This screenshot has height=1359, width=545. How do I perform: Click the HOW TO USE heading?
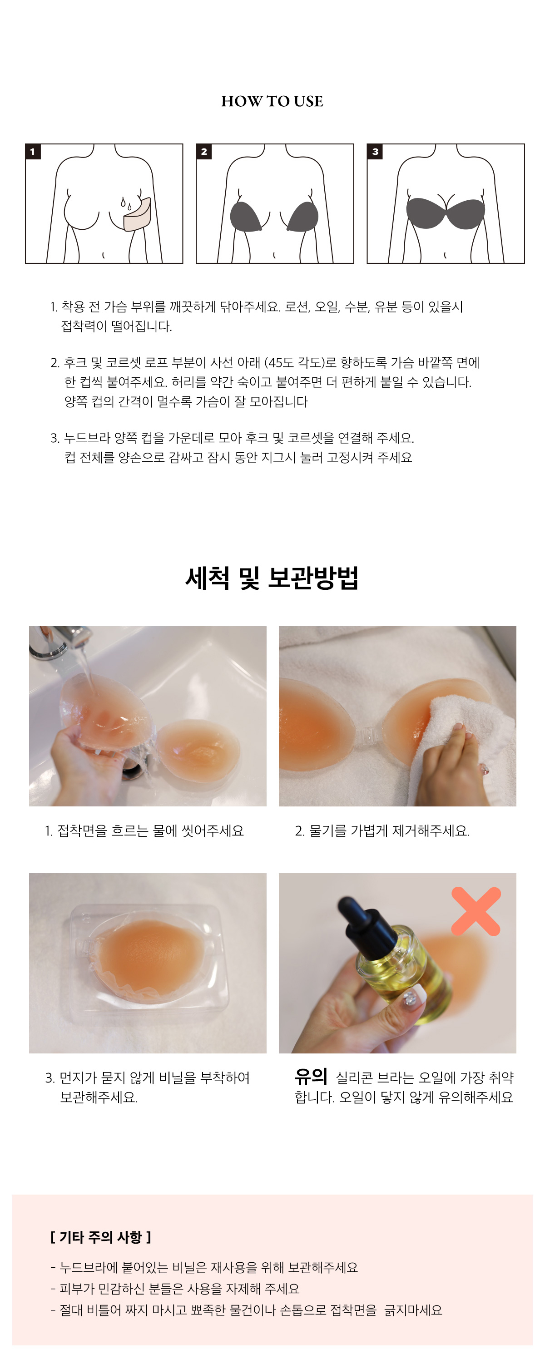coord(272,101)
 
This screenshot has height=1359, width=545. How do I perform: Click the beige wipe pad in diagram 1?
coord(137,215)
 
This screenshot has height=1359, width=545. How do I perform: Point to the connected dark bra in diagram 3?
coord(445,213)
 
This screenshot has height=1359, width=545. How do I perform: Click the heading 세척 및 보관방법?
coord(272,578)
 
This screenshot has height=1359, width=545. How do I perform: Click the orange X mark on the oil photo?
coord(476,912)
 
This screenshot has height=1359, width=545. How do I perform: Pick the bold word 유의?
coord(311,1076)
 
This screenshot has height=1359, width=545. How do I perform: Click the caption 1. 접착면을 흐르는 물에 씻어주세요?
coord(144,831)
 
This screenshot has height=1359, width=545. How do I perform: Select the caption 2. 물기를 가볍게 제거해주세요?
coord(382,831)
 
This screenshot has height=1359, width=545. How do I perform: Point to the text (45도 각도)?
coord(294,363)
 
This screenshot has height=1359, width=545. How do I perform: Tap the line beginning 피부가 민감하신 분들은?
coord(175,1289)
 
